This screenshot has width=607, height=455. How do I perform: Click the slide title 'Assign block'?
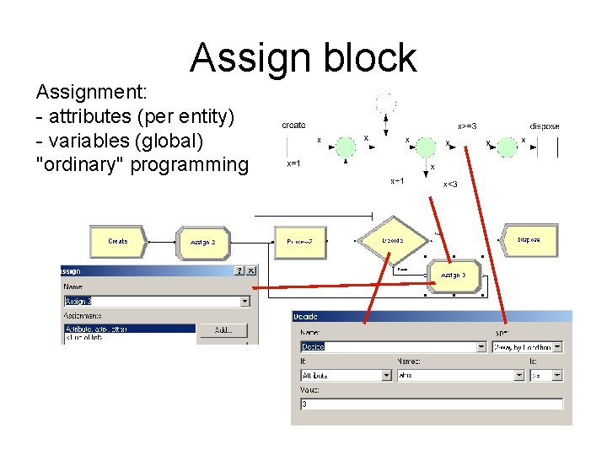[x=303, y=57]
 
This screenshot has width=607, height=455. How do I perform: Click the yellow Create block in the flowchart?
[x=117, y=242]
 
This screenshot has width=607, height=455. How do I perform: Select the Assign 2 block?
[x=202, y=242]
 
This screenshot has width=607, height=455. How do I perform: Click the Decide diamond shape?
[x=392, y=240]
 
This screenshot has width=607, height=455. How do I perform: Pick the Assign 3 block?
[x=453, y=276]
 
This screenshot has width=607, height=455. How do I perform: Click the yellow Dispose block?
[x=529, y=240]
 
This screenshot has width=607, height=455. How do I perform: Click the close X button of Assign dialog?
[x=251, y=270]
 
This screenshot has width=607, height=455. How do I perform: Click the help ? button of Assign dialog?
[x=239, y=270]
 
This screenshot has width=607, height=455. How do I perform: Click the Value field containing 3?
[x=431, y=404]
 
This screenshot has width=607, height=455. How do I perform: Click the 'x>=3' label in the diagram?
[x=467, y=126]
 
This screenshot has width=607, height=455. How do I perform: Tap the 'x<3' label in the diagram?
[x=450, y=185]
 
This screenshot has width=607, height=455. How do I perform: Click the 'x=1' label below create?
[x=294, y=164]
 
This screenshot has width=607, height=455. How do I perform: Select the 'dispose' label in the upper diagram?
[x=544, y=126]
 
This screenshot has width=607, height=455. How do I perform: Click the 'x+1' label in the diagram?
[x=397, y=181]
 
